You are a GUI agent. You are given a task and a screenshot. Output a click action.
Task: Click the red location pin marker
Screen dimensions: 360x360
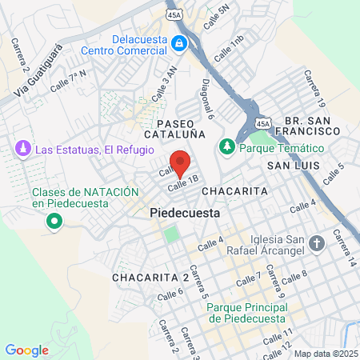182,164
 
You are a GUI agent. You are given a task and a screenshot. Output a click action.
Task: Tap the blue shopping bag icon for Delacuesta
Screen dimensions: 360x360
182,43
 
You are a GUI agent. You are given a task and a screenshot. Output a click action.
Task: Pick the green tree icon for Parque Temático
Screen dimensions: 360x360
228,148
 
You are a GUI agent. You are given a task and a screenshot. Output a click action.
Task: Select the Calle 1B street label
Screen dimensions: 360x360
182,184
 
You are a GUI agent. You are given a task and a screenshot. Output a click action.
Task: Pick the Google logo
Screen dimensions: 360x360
26,350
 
